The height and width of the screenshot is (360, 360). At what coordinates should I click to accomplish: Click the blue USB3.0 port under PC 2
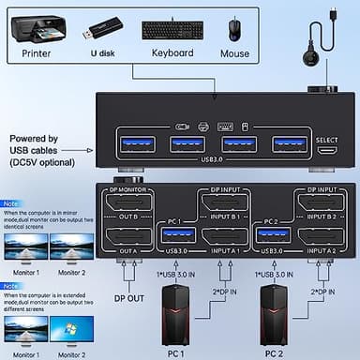tap(273, 235)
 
